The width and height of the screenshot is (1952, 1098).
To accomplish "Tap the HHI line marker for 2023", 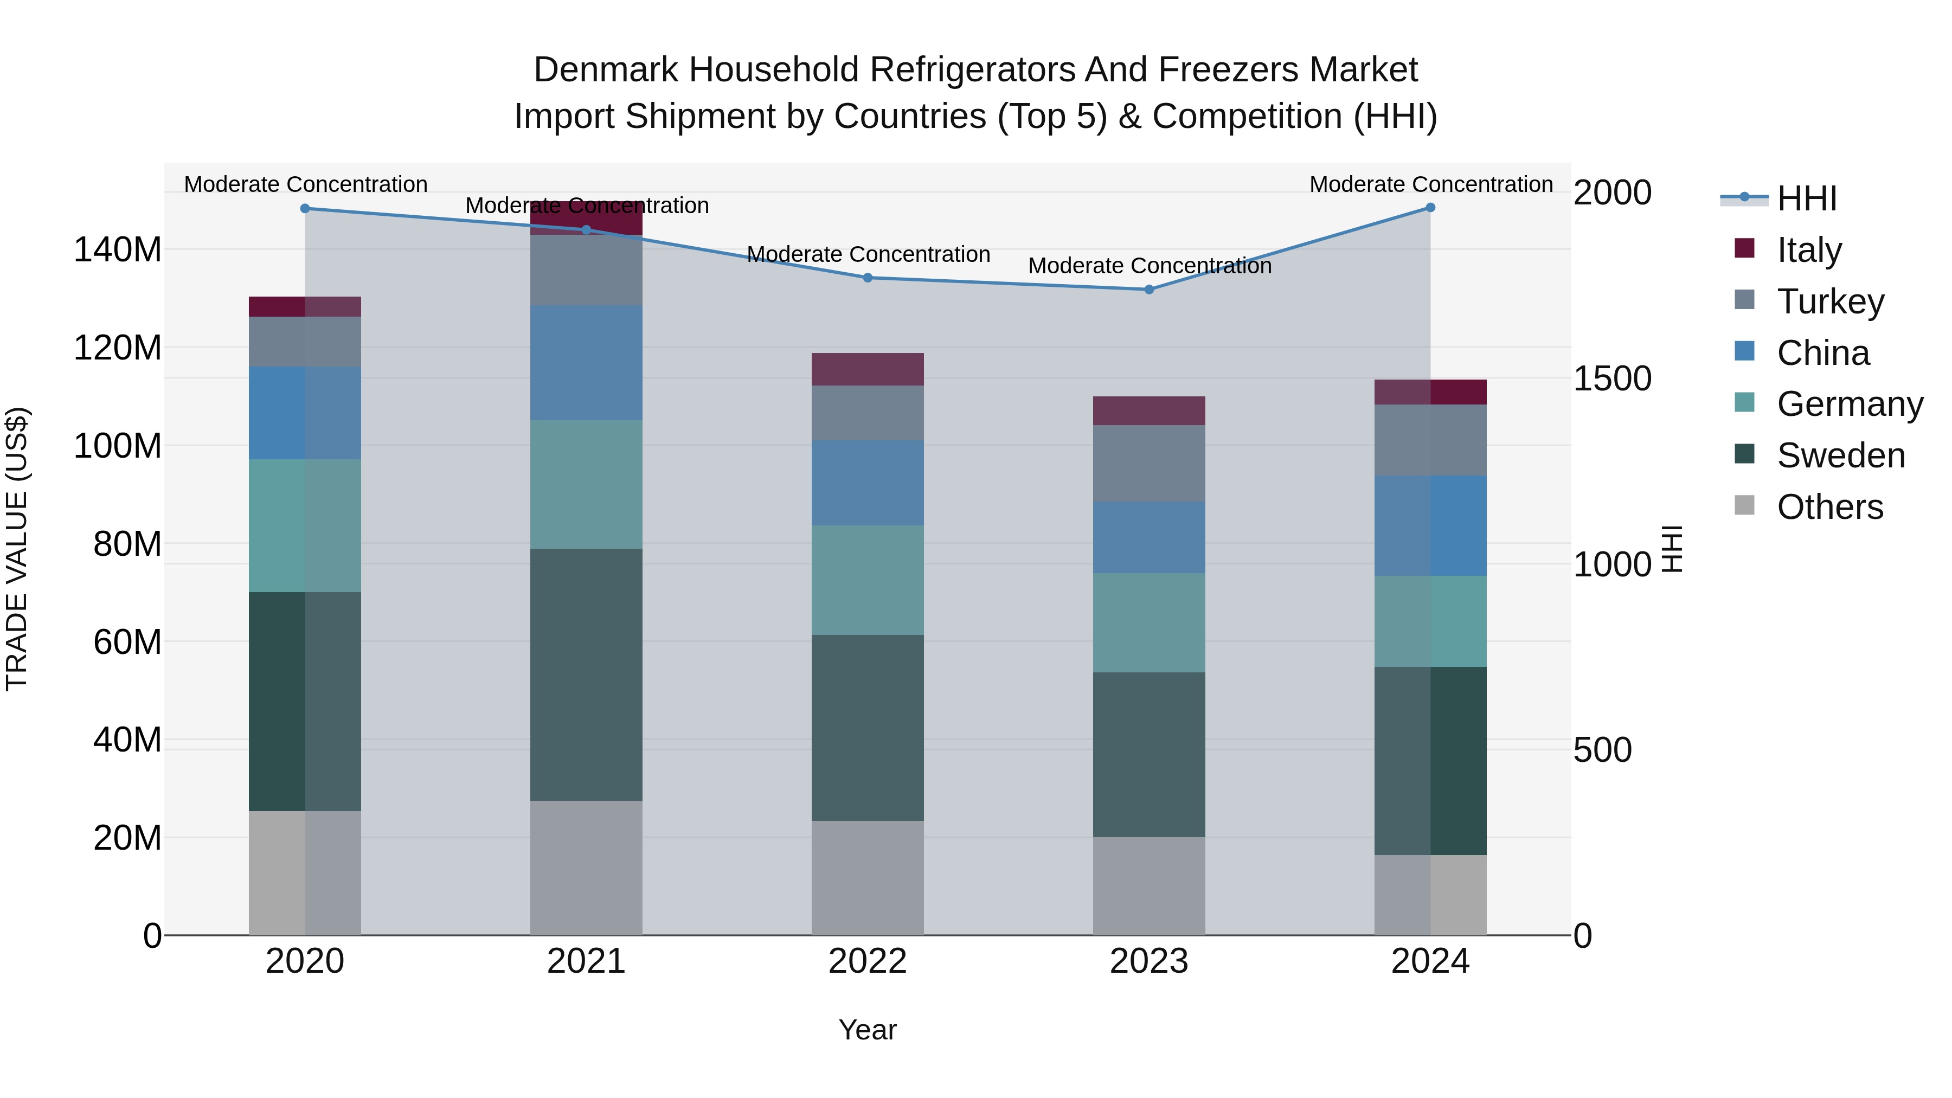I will click(x=1149, y=290).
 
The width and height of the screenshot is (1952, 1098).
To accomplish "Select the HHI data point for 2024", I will click(x=1430, y=208).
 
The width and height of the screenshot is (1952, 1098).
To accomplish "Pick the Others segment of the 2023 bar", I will click(x=1149, y=886).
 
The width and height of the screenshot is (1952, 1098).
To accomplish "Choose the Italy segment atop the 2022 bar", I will click(x=868, y=369).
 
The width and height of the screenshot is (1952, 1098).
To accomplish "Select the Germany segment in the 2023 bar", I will click(x=1149, y=623).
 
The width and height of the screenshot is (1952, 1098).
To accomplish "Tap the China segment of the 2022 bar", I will click(x=868, y=483).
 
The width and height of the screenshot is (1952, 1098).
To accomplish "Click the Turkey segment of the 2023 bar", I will click(x=1149, y=463).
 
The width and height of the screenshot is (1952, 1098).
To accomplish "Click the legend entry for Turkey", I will click(x=1829, y=301).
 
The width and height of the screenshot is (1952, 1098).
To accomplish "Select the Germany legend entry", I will click(x=1849, y=404).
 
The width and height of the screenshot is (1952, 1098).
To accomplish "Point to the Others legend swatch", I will click(x=1744, y=505).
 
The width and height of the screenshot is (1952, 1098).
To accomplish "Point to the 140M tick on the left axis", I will click(x=118, y=250).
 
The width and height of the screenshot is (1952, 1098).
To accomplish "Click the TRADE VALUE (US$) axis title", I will click(x=17, y=549).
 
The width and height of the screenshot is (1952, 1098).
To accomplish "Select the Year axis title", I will click(x=868, y=1030).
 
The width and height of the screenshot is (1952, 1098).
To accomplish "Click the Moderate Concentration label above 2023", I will click(x=1149, y=266).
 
